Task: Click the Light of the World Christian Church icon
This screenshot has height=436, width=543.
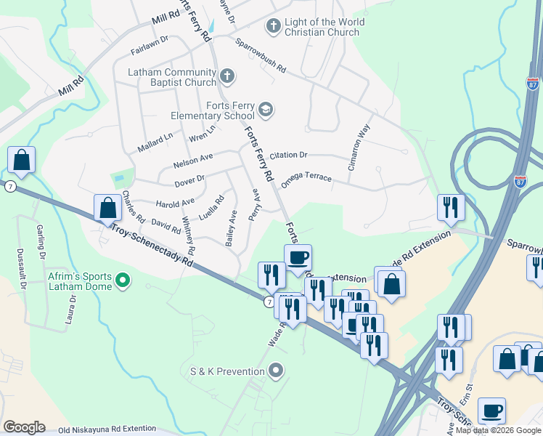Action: coord(274,27)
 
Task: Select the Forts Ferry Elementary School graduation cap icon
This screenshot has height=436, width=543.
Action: coord(266,109)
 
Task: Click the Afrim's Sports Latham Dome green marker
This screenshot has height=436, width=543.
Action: coord(123,279)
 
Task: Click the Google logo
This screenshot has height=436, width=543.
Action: coord(24,427)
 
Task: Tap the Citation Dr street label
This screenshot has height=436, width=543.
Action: coord(289,156)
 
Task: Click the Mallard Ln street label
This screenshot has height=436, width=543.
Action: coord(155,142)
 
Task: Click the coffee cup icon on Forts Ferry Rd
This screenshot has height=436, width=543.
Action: coord(298,257)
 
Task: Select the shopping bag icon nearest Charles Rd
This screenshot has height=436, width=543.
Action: coord(107,208)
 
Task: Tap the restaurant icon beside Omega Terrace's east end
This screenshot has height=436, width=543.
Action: coord(451,208)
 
